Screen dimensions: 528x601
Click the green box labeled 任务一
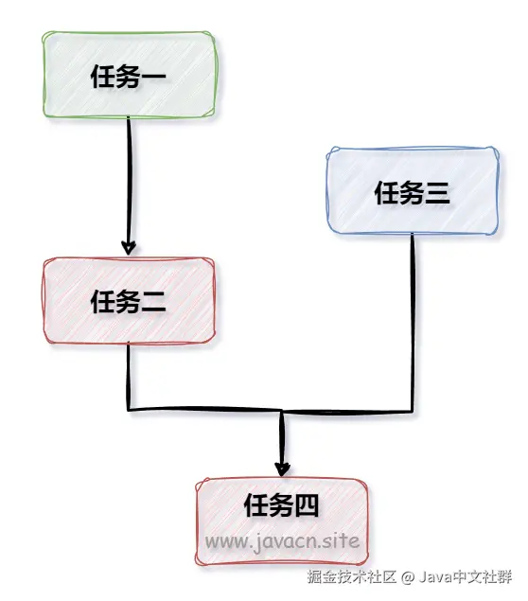click(x=129, y=75)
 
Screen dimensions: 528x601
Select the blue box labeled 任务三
click(x=413, y=190)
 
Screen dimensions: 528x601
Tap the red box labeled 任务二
click(x=129, y=301)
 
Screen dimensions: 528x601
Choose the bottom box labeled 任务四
click(x=282, y=521)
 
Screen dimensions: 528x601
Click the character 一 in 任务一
click(x=153, y=77)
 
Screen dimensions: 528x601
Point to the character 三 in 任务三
click(x=437, y=193)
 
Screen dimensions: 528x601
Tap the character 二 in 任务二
click(x=153, y=302)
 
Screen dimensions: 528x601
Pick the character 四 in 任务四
click(x=307, y=505)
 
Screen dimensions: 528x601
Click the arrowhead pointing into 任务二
click(x=129, y=247)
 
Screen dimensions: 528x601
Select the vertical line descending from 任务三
click(x=413, y=323)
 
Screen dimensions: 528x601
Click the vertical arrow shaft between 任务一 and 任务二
click(x=129, y=185)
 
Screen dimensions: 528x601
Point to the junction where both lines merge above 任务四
click(x=282, y=412)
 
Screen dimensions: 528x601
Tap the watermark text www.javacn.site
click(x=282, y=541)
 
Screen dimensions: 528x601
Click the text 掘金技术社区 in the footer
click(x=352, y=576)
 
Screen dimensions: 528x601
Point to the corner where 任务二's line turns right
click(x=129, y=410)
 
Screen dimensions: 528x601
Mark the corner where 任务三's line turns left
click(x=413, y=411)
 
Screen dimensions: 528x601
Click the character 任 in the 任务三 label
click(x=387, y=193)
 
